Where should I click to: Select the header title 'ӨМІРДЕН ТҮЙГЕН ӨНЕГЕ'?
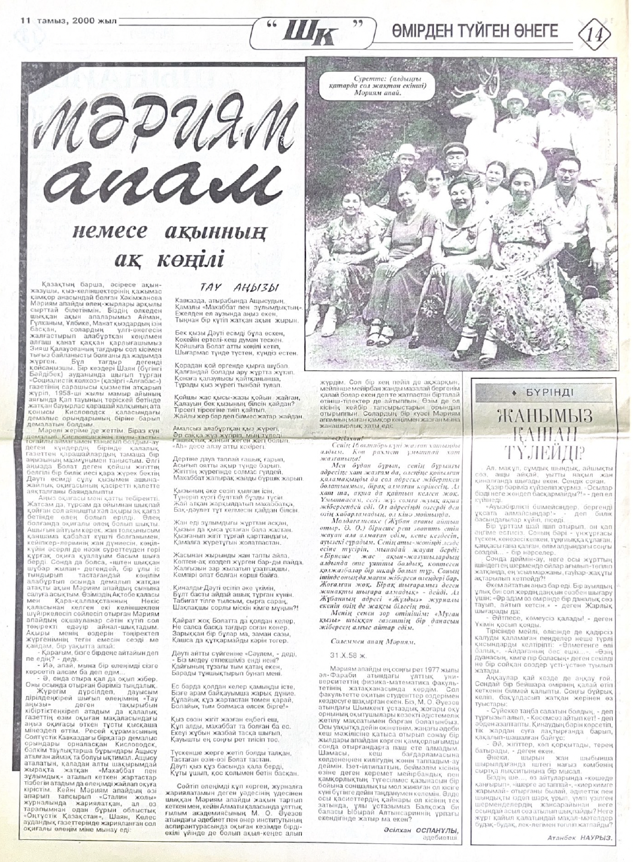[x=474, y=31]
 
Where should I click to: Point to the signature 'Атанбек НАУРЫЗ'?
[x=580, y=839]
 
